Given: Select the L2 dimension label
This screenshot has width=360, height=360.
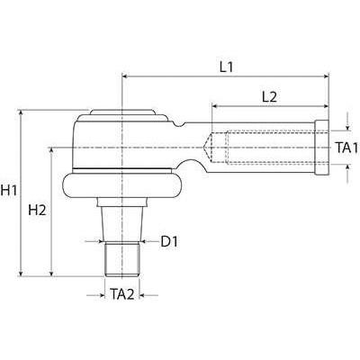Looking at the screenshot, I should pyautogui.click(x=269, y=95).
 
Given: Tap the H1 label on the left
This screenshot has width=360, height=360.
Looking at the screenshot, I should pyautogui.click(x=11, y=191).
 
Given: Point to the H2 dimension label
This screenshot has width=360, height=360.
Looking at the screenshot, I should pyautogui.click(x=37, y=210).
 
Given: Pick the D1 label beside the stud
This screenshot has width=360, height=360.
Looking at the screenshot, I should pyautogui.click(x=169, y=241).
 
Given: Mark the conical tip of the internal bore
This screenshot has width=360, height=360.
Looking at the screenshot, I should pyautogui.click(x=213, y=146).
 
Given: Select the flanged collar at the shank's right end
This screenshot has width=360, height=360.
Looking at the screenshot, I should pyautogui.click(x=322, y=146).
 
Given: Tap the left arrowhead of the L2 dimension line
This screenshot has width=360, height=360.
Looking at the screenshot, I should pyautogui.click(x=214, y=107).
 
